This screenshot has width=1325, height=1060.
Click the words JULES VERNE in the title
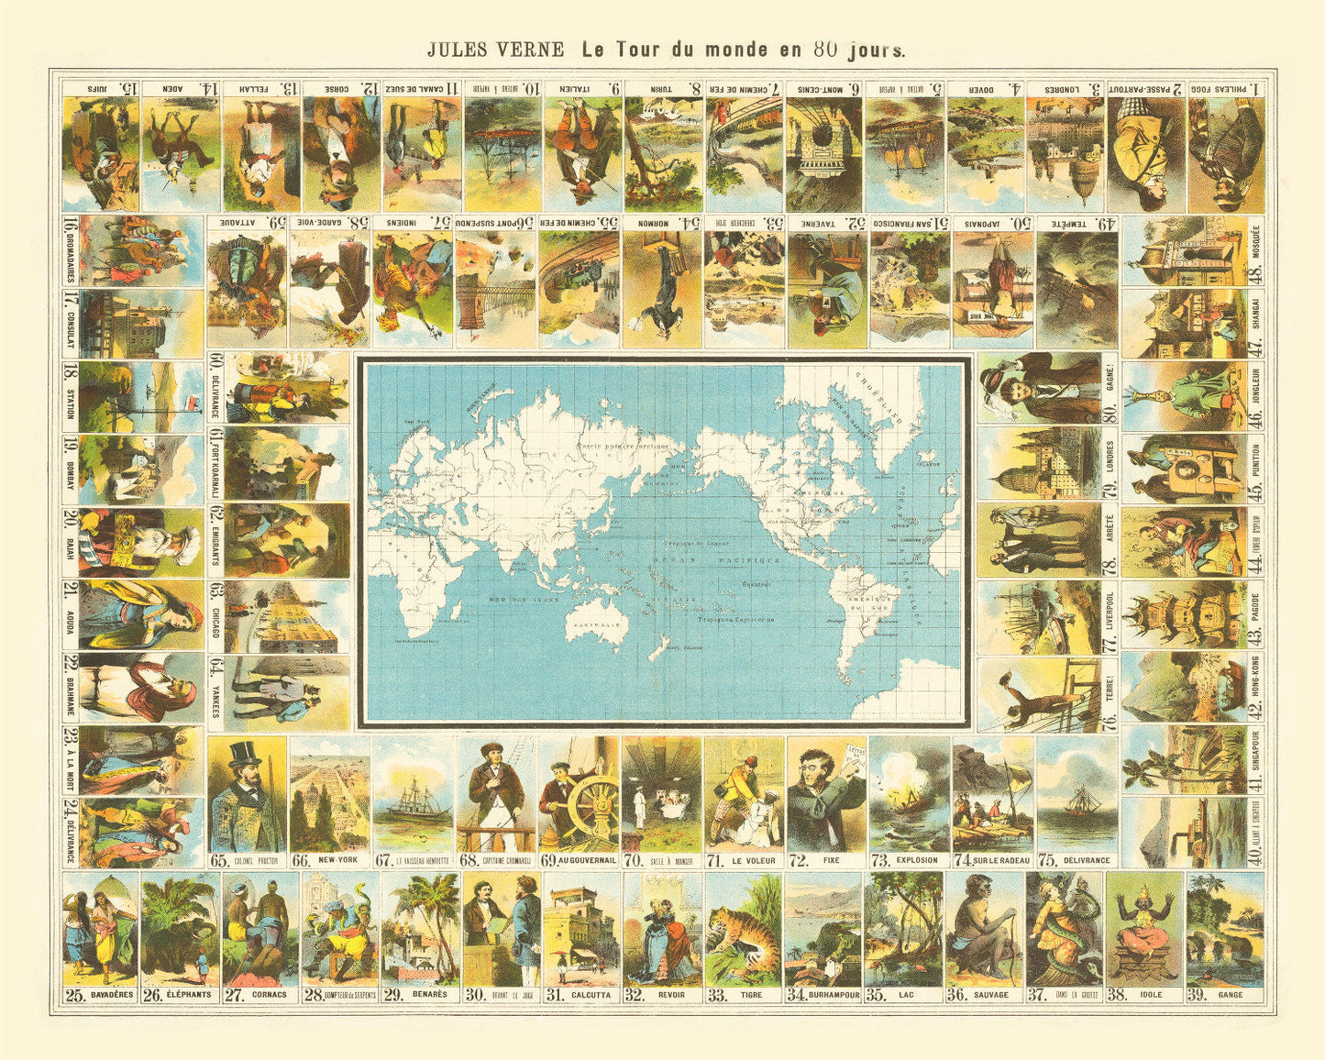495,50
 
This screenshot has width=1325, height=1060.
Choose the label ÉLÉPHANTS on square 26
190,994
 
